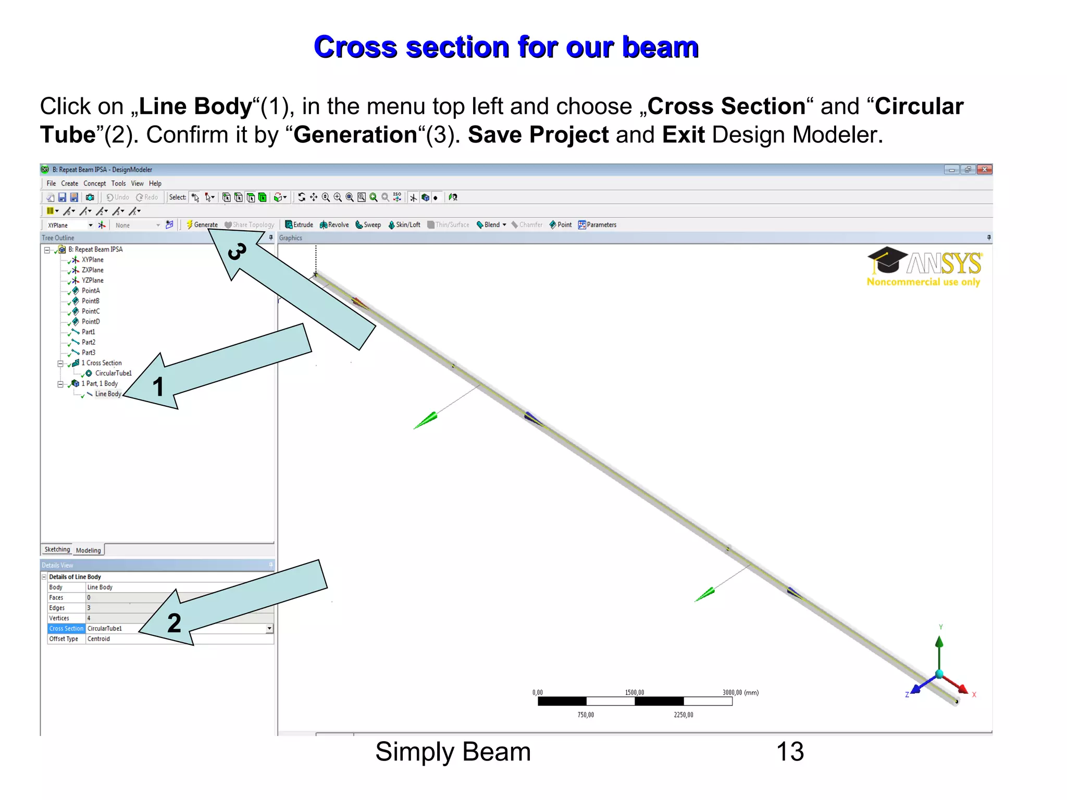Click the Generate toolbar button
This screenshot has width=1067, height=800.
click(x=203, y=224)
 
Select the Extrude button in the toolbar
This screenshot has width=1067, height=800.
click(x=300, y=224)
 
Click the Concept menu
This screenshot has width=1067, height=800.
click(x=94, y=183)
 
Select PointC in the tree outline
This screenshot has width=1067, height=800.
click(x=90, y=311)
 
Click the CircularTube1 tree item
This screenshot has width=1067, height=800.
click(x=113, y=373)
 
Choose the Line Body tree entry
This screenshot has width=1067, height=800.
click(x=107, y=394)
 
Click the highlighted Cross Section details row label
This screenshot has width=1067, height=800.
click(x=66, y=629)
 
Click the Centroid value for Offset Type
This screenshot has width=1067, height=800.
click(x=98, y=639)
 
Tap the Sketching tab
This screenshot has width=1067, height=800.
click(x=57, y=549)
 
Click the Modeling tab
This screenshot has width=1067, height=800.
click(x=88, y=550)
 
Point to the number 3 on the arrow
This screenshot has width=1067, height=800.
click(x=237, y=252)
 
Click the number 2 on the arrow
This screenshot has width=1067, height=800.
click(x=174, y=623)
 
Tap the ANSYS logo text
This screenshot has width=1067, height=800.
click(x=944, y=264)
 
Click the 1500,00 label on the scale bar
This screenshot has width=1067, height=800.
click(x=634, y=692)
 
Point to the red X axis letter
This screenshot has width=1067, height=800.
click(x=974, y=694)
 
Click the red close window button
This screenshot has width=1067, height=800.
click(x=984, y=170)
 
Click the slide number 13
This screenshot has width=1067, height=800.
click(x=790, y=752)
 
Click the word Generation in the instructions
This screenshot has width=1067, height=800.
click(x=355, y=135)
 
